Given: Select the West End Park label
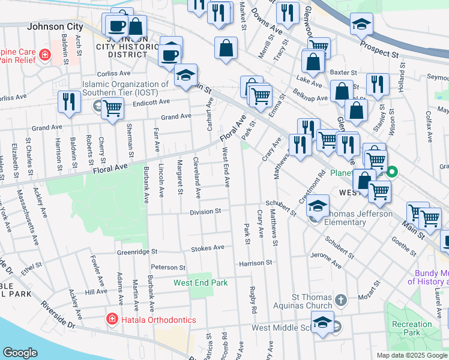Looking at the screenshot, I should [x=200, y=283].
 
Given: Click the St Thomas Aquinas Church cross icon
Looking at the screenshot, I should [x=340, y=299].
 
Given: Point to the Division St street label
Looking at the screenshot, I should [x=206, y=212].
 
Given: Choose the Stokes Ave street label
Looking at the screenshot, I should [x=207, y=248].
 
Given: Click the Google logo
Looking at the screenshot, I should [x=20, y=353].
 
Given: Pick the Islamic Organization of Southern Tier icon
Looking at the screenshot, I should [x=98, y=106].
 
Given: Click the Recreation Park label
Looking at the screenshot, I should [x=412, y=328].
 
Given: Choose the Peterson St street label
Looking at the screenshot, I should [x=168, y=268].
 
